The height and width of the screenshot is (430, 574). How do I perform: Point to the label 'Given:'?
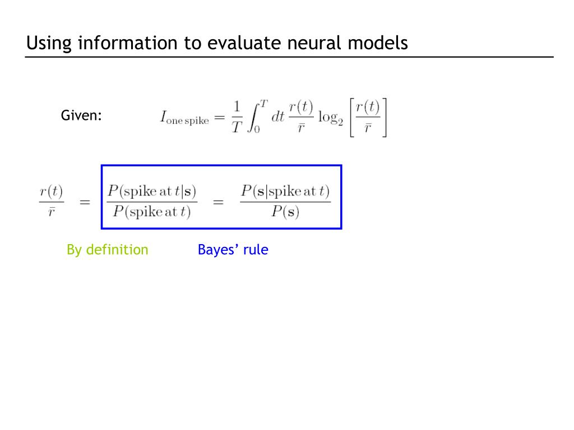pyautogui.click(x=81, y=116)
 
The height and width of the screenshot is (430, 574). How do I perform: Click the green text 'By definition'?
pyautogui.click(x=108, y=250)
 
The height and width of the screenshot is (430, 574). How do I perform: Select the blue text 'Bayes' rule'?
pyautogui.click(x=233, y=250)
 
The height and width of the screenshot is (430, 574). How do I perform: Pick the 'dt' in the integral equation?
pyautogui.click(x=278, y=118)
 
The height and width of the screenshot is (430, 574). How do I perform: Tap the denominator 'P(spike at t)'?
pyautogui.click(x=152, y=213)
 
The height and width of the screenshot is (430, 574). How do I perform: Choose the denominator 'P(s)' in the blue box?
pyautogui.click(x=285, y=213)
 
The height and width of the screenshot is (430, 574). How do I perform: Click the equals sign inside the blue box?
pyautogui.click(x=218, y=202)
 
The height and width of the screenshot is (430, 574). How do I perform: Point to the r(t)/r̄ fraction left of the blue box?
pyautogui.click(x=51, y=202)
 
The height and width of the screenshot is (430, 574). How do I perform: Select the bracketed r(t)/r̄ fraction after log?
pyautogui.click(x=368, y=118)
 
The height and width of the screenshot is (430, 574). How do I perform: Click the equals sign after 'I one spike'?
pyautogui.click(x=220, y=118)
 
